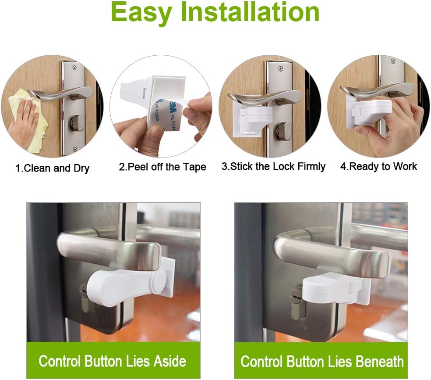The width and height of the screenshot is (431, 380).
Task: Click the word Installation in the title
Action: [250, 13]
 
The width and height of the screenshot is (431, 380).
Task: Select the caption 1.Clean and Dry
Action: [53, 168]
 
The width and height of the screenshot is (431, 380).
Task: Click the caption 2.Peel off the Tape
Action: [162, 167]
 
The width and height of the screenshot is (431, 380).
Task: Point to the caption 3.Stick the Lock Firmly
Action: [273, 167]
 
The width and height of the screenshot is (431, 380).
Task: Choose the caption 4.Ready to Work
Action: [378, 167]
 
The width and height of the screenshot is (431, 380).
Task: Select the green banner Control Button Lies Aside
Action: [113, 361]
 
